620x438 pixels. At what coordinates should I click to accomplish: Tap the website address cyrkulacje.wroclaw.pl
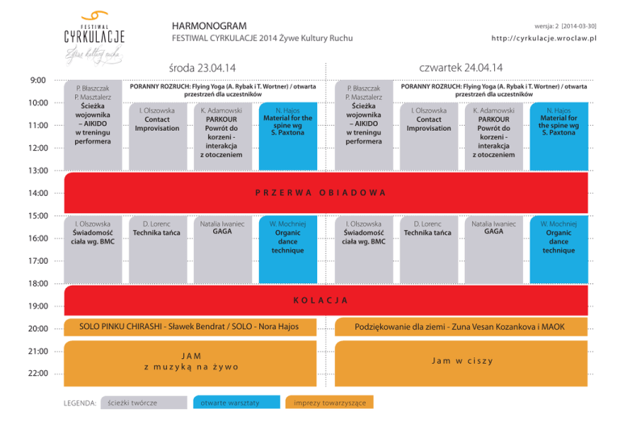click(x=542, y=40)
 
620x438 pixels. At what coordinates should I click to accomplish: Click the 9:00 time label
click(x=38, y=81)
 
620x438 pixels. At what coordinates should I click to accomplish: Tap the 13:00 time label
click(x=39, y=171)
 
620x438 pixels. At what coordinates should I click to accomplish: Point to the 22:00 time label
click(x=39, y=373)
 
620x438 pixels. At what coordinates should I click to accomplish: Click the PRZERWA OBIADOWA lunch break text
click(x=320, y=193)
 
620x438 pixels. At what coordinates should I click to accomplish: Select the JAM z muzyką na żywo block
click(x=191, y=361)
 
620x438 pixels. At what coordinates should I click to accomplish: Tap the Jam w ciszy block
click(x=463, y=361)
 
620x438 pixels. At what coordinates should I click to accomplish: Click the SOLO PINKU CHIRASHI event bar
click(x=191, y=326)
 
